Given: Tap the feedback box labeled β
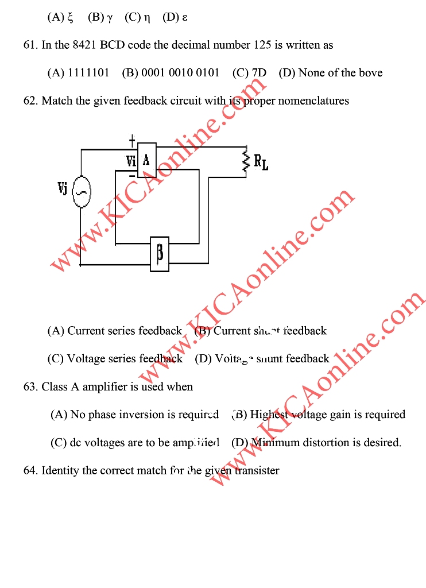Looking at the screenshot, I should (x=160, y=253).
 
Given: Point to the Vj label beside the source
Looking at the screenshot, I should (x=63, y=188).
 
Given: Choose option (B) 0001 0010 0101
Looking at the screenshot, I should (x=171, y=73).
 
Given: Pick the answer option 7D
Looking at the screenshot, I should (x=249, y=73).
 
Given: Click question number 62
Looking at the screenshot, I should (x=30, y=101).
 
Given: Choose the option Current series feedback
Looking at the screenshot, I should (x=114, y=331).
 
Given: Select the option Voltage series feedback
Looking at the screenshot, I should (x=115, y=359).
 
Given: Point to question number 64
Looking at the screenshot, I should (x=30, y=471).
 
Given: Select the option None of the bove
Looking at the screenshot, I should (x=330, y=73).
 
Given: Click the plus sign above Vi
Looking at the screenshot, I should (x=132, y=140).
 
